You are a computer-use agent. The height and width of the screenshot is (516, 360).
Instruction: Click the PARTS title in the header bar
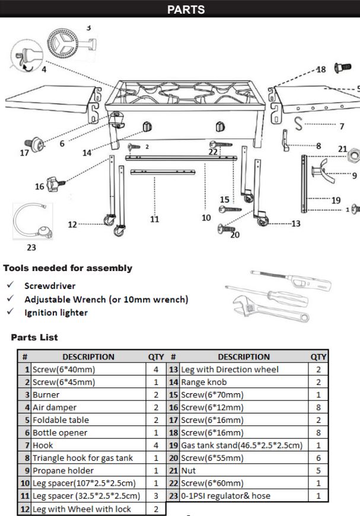click(x=186, y=9)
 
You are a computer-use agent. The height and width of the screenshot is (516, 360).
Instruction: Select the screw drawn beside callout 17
click(x=36, y=144)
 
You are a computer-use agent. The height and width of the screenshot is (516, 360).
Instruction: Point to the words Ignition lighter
click(x=56, y=313)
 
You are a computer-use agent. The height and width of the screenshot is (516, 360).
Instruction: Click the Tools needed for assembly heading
click(x=68, y=268)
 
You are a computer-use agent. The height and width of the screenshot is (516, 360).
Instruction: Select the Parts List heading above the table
click(x=34, y=337)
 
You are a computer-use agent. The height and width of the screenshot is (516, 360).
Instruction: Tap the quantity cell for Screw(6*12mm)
click(x=318, y=407)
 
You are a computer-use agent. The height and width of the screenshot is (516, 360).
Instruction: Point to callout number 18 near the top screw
click(x=321, y=69)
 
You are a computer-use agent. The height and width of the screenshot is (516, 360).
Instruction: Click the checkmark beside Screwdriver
click(x=11, y=285)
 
